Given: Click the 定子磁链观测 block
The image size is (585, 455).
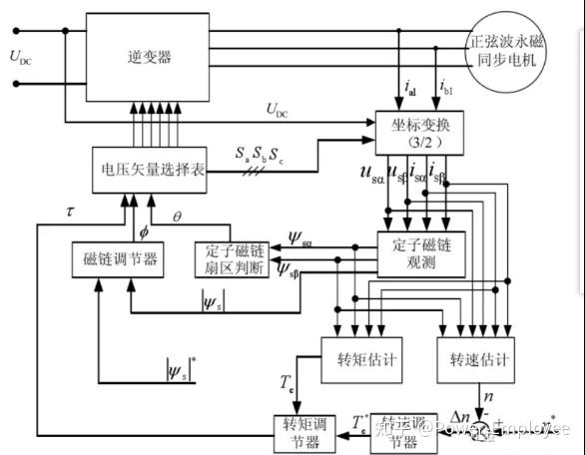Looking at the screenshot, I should (x=420, y=254).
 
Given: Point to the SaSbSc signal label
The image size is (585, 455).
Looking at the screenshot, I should (x=259, y=154).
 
